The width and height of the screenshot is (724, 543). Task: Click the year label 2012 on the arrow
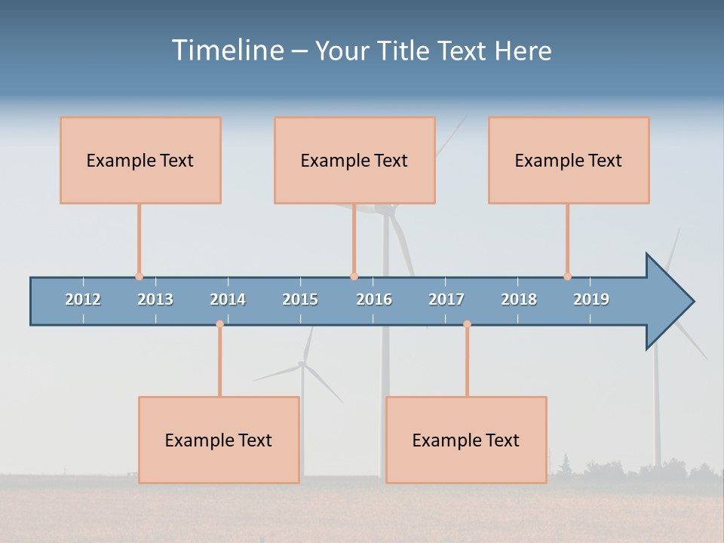coord(83,299)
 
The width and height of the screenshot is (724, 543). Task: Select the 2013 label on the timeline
coord(155,299)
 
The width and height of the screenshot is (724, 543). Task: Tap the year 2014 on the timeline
coord(228,299)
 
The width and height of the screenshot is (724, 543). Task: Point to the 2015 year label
coord(300,299)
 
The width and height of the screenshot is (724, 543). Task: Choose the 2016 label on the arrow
coord(374,299)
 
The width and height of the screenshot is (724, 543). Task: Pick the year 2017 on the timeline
coord(446,299)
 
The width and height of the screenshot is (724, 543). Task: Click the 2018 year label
coord(519,299)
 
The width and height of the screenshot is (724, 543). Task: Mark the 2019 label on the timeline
coord(591,299)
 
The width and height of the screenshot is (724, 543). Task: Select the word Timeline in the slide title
coord(226,51)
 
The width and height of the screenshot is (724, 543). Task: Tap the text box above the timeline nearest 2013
coord(140,160)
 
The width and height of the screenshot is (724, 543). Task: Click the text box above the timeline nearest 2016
coord(354,160)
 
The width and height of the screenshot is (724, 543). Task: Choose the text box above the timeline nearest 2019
coord(569,160)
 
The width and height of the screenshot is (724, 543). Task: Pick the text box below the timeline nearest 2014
coord(219,440)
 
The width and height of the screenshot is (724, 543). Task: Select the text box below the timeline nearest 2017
coord(466,440)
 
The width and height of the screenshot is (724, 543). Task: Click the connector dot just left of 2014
coord(219,324)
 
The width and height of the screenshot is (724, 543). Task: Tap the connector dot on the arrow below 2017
coord(467,324)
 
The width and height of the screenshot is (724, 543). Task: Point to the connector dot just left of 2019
coord(567,276)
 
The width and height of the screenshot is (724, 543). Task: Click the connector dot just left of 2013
coord(139,276)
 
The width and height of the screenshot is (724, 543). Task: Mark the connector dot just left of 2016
coord(354,276)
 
